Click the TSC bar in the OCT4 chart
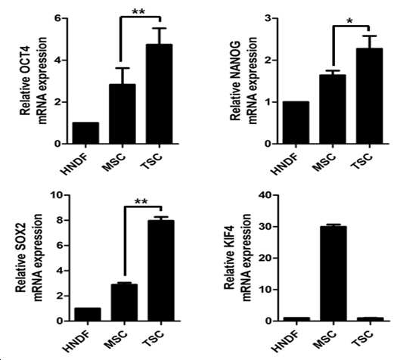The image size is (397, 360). point(160,94)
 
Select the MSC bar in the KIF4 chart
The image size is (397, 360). point(333,274)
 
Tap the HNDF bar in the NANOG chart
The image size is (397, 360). point(296,123)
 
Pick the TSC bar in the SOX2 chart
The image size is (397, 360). point(161,271)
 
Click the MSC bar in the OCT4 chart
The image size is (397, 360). point(123,114)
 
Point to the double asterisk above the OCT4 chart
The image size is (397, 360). point(138,11)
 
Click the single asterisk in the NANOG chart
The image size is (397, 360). point(349,21)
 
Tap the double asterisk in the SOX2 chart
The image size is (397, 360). point(141,202)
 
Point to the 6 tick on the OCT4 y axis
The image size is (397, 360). point(64,18)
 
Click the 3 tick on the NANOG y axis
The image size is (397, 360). point(274,18)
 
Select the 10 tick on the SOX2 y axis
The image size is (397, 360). point(67,195)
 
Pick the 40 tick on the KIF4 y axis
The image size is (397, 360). point(275,195)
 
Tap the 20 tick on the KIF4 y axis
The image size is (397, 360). point(275,258)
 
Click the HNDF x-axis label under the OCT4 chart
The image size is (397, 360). point(76,164)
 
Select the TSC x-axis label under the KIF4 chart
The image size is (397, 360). point(362,338)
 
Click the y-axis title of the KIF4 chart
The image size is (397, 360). point(237,258)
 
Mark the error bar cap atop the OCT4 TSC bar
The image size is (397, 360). point(160,28)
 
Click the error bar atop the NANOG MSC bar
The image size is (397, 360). point(333,73)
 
